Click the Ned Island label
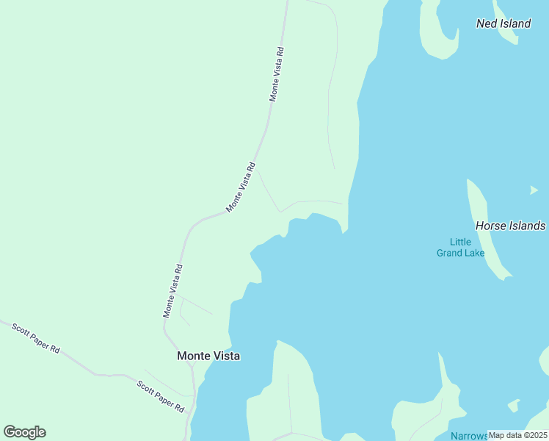click(x=503, y=24)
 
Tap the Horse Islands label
click(x=510, y=226)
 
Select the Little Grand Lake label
click(x=460, y=247)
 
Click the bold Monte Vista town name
click(x=208, y=356)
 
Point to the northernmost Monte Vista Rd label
click(x=277, y=74)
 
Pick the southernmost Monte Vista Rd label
click(x=172, y=291)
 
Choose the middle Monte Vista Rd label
click(x=241, y=187)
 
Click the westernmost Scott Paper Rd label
click(x=35, y=338)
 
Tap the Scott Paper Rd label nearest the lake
click(x=161, y=395)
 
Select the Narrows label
click(x=469, y=436)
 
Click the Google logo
click(x=24, y=432)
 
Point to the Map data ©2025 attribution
click(x=517, y=435)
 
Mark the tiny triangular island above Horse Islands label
click(x=534, y=190)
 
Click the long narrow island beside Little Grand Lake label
click(x=486, y=228)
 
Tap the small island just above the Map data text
click(x=514, y=405)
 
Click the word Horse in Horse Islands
click(x=490, y=226)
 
